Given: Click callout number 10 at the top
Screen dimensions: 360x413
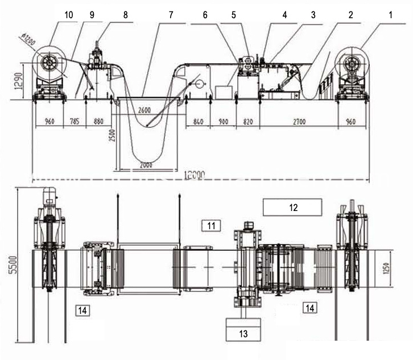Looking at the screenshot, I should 69,15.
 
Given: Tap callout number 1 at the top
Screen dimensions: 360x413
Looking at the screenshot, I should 390,15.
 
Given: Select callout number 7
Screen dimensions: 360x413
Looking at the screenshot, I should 171,15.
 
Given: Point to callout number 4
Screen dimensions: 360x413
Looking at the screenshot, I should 285,15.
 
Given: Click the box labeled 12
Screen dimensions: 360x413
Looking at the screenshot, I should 293,206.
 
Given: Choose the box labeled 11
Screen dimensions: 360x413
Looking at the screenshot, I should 211,226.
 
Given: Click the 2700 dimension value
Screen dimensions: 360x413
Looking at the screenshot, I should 298,121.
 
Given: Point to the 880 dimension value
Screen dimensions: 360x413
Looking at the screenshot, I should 98,121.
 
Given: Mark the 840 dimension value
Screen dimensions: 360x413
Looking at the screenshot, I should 199,121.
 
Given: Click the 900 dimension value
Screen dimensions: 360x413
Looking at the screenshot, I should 223,121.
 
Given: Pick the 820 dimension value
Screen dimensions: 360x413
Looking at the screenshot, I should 247,121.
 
